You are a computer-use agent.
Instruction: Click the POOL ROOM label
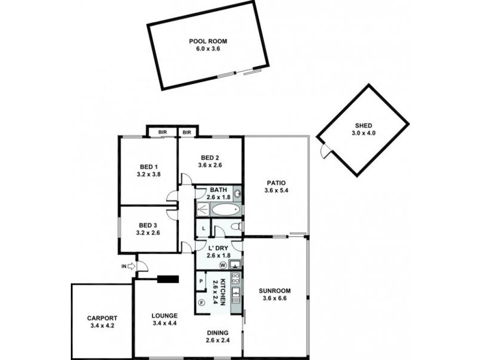point(208,41)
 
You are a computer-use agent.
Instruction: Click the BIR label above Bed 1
point(162,132)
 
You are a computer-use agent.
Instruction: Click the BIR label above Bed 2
point(187,132)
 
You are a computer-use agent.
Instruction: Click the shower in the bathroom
point(203,209)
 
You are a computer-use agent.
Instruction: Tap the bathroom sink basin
point(237,194)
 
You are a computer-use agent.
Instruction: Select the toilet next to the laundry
point(237,226)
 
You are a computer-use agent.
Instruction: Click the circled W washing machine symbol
point(223,265)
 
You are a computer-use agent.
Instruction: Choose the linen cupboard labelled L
point(203,229)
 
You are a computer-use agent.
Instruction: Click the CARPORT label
point(101,318)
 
